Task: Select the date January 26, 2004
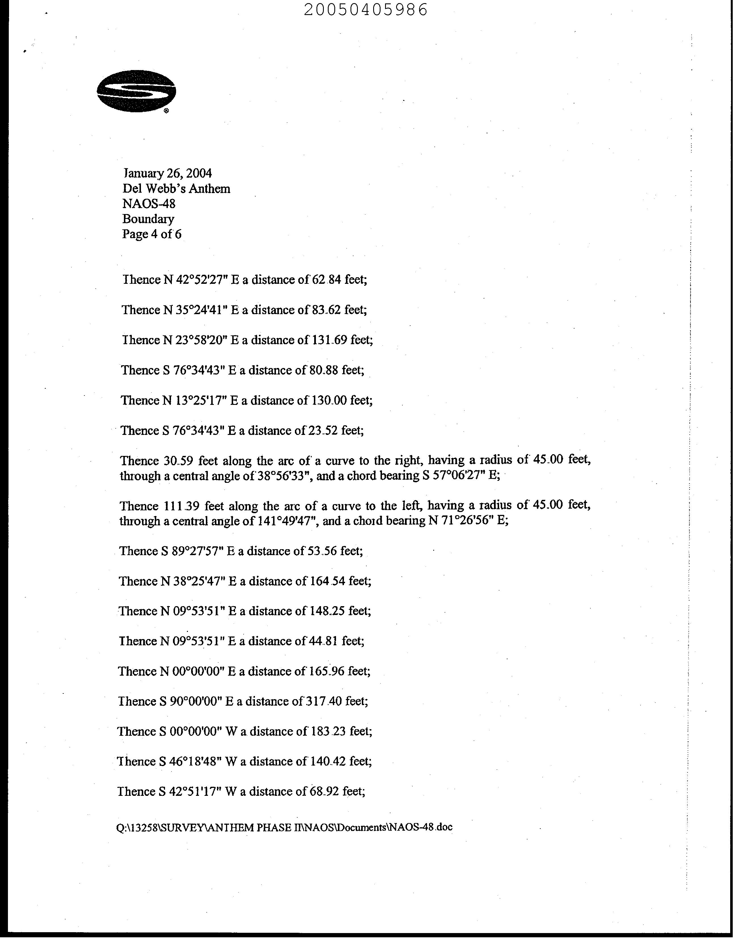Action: click(x=167, y=173)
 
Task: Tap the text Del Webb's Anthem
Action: click(x=176, y=189)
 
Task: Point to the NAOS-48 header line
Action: click(x=149, y=204)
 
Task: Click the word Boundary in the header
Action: click(x=148, y=219)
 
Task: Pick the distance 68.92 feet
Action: click(x=337, y=792)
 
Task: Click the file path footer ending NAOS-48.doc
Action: click(x=284, y=827)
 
